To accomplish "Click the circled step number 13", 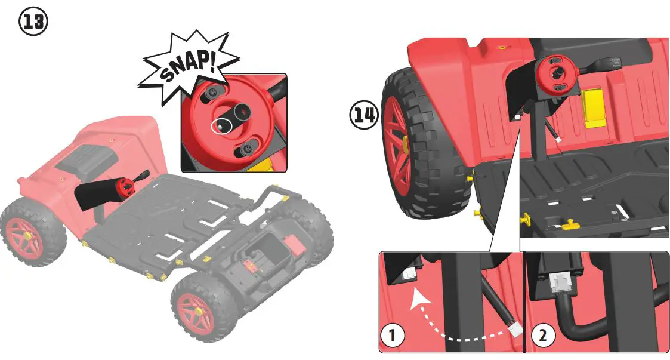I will click(x=33, y=22).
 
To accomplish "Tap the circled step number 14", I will click(x=364, y=116).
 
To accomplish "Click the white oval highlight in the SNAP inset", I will click(x=220, y=126).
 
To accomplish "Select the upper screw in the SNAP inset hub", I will click(x=213, y=93).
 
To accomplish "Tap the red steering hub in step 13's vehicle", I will click(x=125, y=186).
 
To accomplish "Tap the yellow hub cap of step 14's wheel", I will click(x=405, y=143).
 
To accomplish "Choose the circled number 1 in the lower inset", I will click(x=393, y=336).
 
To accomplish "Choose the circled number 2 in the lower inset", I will click(x=542, y=336).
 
